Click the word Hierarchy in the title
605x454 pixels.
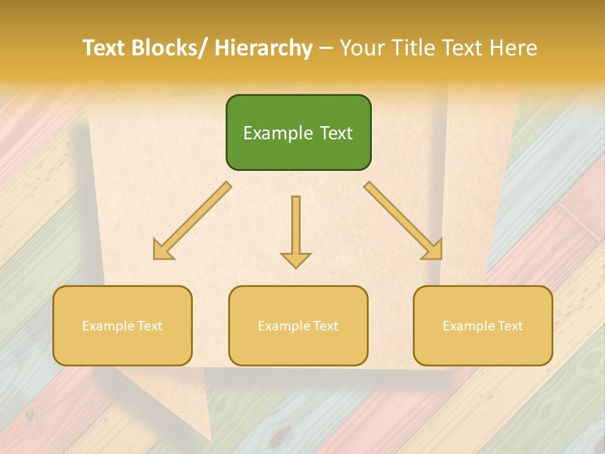pyautogui.click(x=263, y=48)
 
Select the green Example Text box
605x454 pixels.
pyautogui.click(x=298, y=132)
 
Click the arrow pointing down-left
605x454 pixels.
pyautogui.click(x=192, y=221)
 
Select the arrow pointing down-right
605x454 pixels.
pyautogui.click(x=403, y=221)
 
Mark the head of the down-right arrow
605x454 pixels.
pyautogui.click(x=432, y=250)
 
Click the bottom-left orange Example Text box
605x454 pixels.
pyautogui.click(x=122, y=325)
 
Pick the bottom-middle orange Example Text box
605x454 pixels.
pyautogui.click(x=298, y=325)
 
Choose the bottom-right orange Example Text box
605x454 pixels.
pyautogui.click(x=483, y=325)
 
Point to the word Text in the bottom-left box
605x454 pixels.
pyautogui.click(x=150, y=326)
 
